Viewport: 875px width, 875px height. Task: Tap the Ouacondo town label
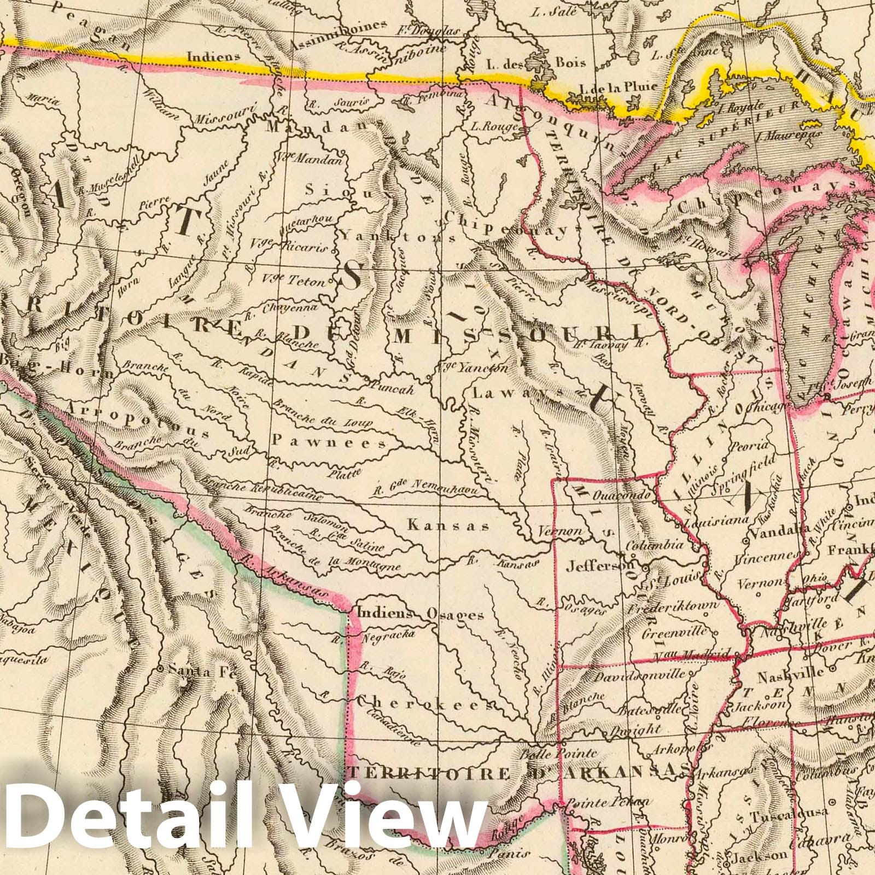[624, 495]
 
